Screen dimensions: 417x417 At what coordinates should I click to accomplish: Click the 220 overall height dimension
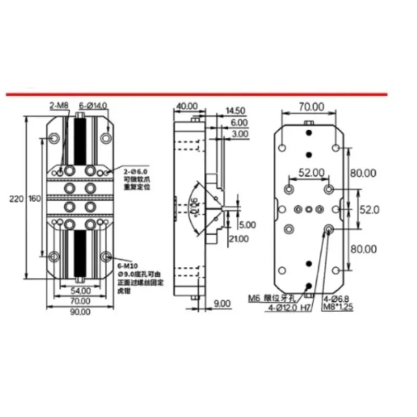[x=17, y=199]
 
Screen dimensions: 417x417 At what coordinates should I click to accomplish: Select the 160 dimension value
[x=34, y=199]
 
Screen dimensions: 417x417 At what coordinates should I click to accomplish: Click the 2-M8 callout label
[x=59, y=105]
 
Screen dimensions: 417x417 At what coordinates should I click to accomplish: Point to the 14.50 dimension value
[x=236, y=111]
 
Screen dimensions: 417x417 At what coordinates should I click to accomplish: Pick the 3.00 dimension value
[x=240, y=134]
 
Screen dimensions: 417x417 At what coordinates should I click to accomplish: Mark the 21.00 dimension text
[x=240, y=238]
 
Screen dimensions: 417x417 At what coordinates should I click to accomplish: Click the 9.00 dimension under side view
[x=220, y=302]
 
